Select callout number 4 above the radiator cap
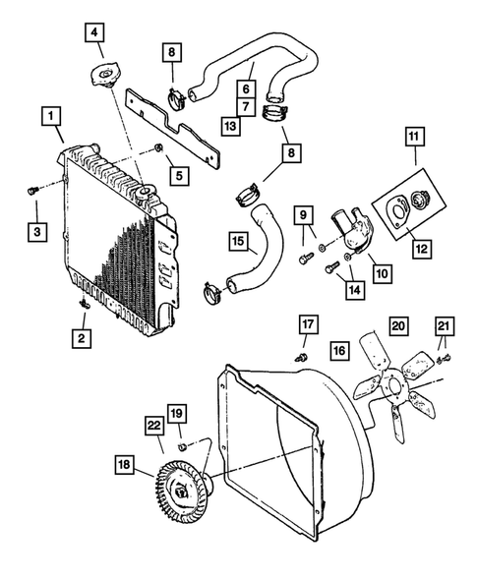point(94,33)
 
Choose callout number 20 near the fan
point(397,325)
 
